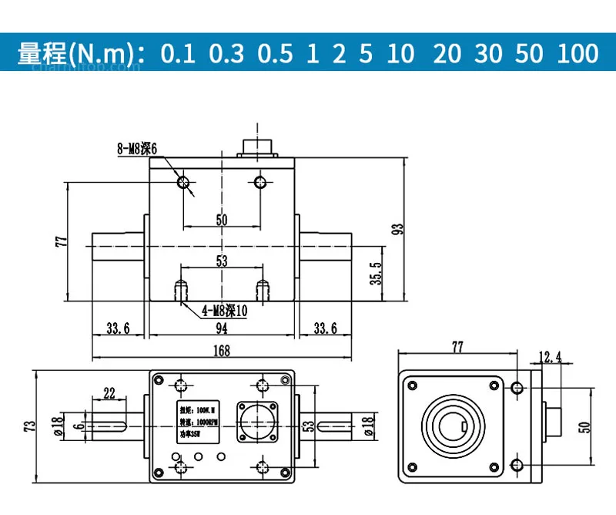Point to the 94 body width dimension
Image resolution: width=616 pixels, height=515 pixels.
(x=221, y=329)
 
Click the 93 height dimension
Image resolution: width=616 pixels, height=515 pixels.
(x=398, y=229)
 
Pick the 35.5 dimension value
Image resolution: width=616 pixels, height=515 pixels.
(x=376, y=274)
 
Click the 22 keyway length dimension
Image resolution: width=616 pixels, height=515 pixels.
(x=109, y=393)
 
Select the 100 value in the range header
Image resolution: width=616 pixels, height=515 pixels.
(x=578, y=53)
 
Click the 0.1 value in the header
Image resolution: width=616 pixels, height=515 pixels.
(x=179, y=53)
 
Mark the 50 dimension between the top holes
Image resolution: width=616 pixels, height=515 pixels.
(x=222, y=220)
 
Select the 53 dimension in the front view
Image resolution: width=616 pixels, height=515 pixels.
(x=222, y=261)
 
